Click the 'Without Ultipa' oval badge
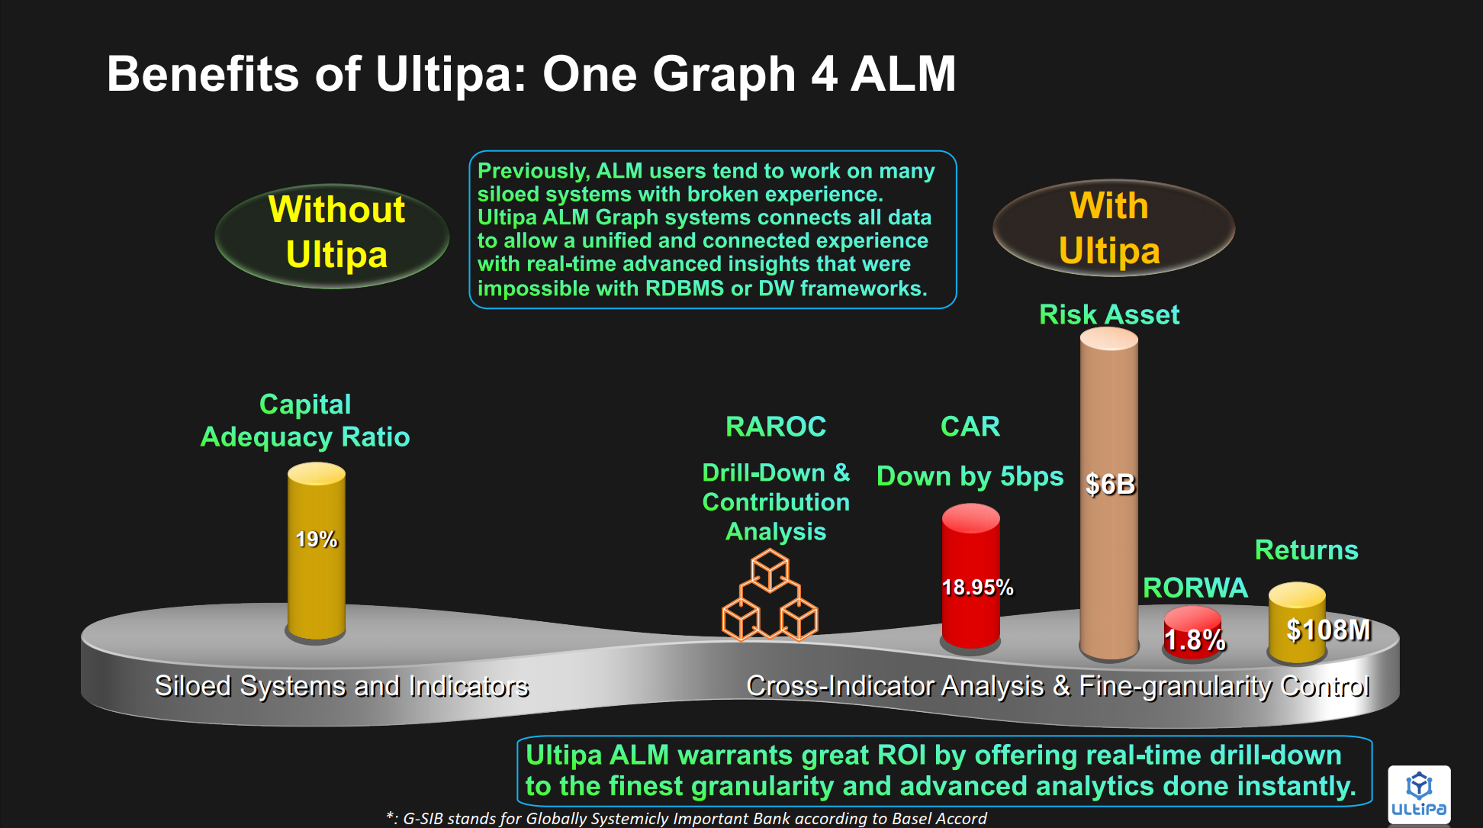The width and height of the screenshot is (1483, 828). pos(333,236)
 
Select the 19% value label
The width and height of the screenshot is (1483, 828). pos(317,540)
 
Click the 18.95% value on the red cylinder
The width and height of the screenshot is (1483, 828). pos(977,587)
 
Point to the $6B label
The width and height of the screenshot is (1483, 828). pos(1110,484)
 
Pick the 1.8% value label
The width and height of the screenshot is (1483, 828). pos(1195,640)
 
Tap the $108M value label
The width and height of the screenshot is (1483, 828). pos(1328,630)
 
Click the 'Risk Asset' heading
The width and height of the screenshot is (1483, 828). pos(1109,314)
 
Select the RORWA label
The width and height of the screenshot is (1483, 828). pos(1195,588)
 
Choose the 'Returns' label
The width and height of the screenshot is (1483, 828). pos(1307,550)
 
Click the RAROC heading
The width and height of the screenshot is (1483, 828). pos(776,427)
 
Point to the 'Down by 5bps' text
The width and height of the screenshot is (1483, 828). pos(970,477)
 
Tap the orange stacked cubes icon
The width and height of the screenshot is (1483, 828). pos(770,596)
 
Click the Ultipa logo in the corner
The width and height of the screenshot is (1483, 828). pos(1419,794)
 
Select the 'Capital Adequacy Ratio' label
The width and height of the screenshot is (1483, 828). pos(305,420)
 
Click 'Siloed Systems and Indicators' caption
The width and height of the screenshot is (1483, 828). pos(342,686)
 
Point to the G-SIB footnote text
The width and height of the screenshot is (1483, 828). pos(687,818)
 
